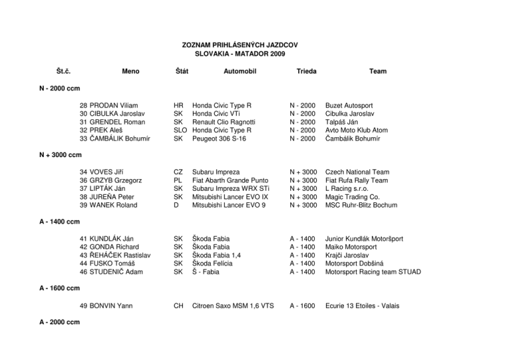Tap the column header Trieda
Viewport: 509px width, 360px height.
pyautogui.click(x=307, y=71)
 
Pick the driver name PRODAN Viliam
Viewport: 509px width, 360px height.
pyautogui.click(x=114, y=105)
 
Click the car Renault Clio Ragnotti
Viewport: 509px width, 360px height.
pyautogui.click(x=225, y=122)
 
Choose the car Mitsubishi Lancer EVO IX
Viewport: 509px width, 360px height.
pyautogui.click(x=231, y=196)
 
